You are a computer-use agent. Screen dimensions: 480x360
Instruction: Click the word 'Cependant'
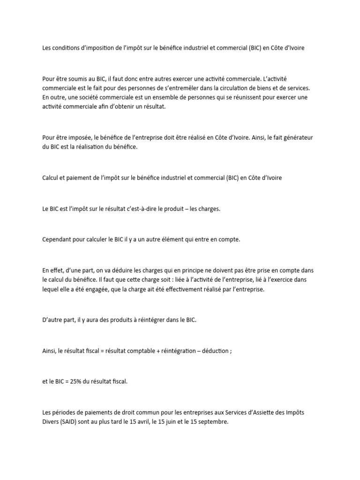[57, 240]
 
